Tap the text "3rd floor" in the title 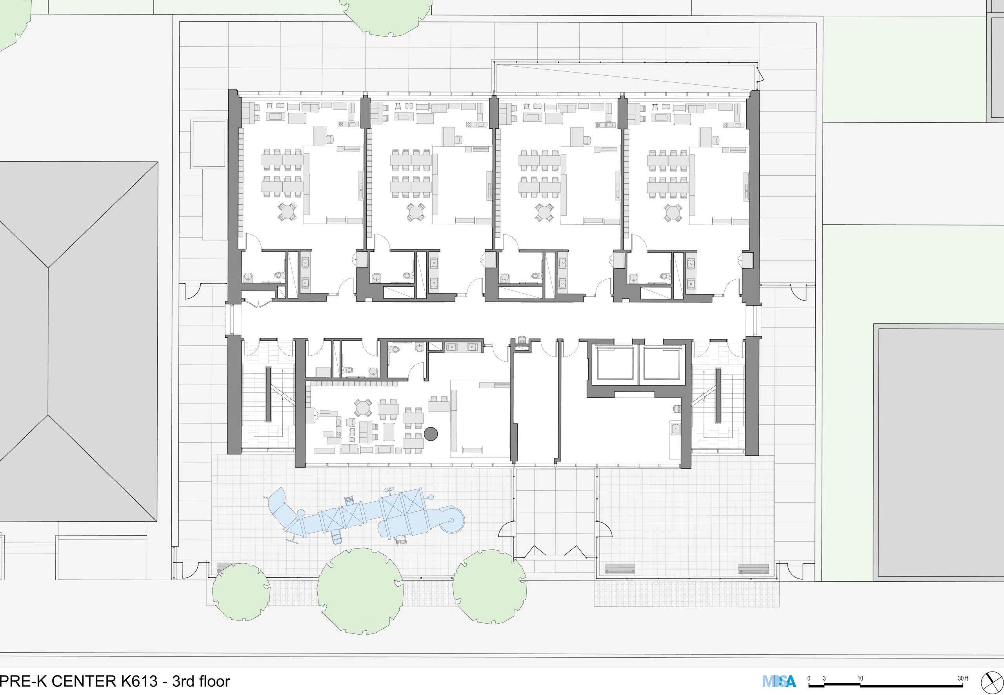point(201,681)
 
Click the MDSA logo point(779,680)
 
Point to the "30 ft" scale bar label point(963,679)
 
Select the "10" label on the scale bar point(860,679)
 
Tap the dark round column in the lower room point(431,434)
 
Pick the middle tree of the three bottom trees point(360,591)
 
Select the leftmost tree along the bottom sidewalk point(241,591)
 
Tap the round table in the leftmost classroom point(287,212)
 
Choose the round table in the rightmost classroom point(673,212)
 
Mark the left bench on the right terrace point(620,569)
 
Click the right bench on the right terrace point(754,569)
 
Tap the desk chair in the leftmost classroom point(329,139)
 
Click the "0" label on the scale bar point(809,679)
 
